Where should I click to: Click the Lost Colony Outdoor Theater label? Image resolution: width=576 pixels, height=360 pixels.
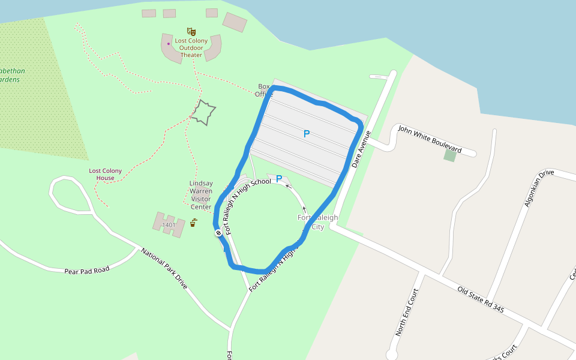pos(191,48)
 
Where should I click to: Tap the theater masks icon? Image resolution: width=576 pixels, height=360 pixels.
pos(191,31)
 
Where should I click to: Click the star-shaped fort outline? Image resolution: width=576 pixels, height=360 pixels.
pos(203,113)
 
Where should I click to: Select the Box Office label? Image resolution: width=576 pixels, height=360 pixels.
pos(264,90)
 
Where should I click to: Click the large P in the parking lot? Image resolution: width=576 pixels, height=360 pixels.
pos(307,134)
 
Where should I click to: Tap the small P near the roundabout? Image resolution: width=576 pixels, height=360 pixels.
pos(279,179)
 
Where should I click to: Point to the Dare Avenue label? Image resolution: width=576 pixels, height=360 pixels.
pos(362,149)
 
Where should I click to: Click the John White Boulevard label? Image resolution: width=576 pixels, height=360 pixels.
pos(430,139)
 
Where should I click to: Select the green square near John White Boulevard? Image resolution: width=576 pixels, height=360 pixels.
pos(450,155)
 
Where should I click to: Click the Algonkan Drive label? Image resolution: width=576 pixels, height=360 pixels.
pos(539,188)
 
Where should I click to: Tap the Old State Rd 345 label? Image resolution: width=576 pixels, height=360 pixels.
pos(480,299)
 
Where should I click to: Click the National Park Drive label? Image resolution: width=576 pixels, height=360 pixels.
pos(164,268)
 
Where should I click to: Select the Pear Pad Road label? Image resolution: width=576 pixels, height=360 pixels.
pos(87,271)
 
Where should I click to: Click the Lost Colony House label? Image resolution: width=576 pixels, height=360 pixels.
pos(106,174)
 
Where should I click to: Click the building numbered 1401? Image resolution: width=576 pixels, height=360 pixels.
pos(169,225)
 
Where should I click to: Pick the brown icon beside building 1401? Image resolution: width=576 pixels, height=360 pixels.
pos(193,223)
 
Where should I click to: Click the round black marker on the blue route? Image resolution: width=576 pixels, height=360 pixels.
pos(218,233)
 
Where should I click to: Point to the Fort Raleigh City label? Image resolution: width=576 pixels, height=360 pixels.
pos(318,222)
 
